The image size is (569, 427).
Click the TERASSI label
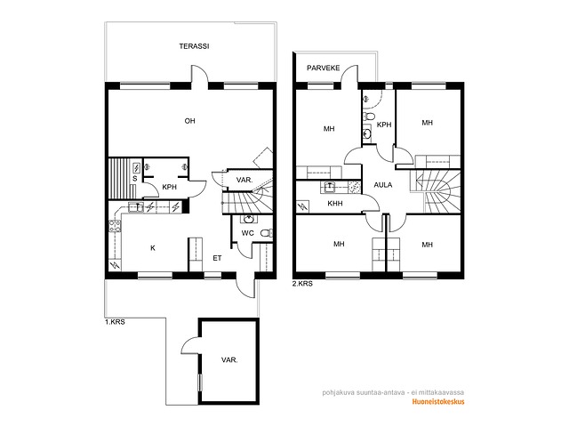click(x=194, y=46)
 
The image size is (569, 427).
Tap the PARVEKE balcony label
click(x=324, y=68)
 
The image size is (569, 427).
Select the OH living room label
click(x=189, y=121)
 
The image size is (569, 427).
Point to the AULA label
click(x=383, y=185)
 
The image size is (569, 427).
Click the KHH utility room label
click(x=335, y=204)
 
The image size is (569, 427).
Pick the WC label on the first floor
click(x=247, y=233)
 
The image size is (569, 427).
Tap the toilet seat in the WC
click(x=268, y=233)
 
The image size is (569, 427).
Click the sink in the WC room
click(x=249, y=219)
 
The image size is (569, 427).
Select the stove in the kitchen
click(x=115, y=226)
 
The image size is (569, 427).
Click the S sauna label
click(x=135, y=179)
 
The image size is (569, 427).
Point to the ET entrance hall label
click(x=217, y=258)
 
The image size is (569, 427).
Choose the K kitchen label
click(x=153, y=248)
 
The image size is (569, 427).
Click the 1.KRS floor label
click(x=115, y=322)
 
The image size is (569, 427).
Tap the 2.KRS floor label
click(x=302, y=284)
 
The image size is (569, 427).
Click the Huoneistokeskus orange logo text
click(x=438, y=401)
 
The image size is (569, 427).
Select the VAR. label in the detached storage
click(x=229, y=360)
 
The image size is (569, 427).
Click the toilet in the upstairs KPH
click(x=369, y=117)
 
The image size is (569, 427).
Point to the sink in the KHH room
click(x=330, y=187)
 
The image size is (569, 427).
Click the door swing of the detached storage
click(x=188, y=343)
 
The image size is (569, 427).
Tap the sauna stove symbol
click(x=137, y=168)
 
